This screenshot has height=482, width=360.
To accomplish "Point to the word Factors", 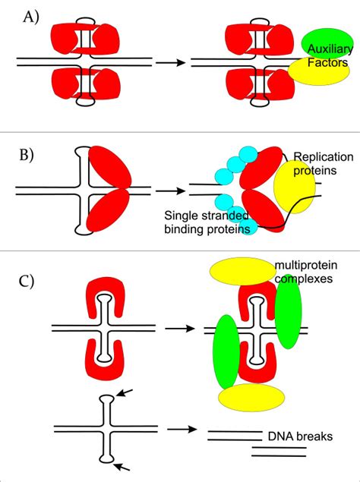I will [327, 64].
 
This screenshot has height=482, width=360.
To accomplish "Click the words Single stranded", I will [209, 216].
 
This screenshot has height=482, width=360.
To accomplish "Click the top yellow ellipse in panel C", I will [242, 272].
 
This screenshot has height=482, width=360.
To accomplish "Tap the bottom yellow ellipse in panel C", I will [242, 395].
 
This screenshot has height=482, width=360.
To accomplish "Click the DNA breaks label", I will [293, 436].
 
